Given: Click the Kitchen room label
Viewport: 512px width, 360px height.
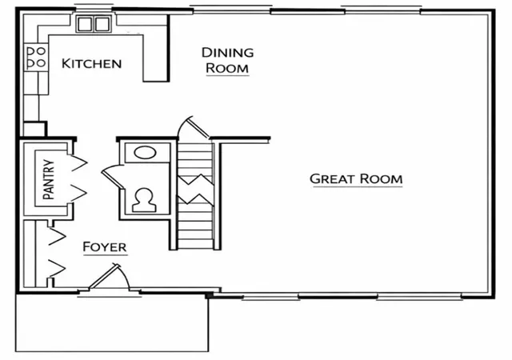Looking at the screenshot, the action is [91, 63].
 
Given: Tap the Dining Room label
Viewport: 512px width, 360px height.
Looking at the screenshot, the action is [227, 61].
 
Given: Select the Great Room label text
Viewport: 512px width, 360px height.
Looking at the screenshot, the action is [356, 178].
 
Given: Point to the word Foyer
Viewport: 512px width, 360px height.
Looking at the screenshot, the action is [105, 246].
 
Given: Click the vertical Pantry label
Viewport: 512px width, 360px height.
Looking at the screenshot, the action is [49, 179].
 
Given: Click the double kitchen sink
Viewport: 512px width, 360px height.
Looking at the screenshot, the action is [94, 24].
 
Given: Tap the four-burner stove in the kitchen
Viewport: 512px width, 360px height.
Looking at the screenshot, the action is [36, 57].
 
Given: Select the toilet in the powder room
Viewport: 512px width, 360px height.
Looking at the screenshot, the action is [144, 200].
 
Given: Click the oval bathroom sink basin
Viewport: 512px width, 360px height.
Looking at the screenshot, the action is [145, 153].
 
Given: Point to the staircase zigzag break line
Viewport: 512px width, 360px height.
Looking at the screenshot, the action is [195, 190].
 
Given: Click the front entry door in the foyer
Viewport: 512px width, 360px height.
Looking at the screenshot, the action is [104, 276].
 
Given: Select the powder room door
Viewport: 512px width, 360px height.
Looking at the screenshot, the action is [113, 178].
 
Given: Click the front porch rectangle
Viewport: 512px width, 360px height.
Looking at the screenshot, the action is [112, 322].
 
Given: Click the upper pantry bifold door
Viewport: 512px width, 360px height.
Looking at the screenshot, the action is [79, 162].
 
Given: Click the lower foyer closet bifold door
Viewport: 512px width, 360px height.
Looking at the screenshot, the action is [57, 268].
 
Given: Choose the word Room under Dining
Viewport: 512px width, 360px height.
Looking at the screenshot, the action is [227, 68].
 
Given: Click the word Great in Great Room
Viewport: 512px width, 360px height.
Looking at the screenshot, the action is [332, 178].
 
